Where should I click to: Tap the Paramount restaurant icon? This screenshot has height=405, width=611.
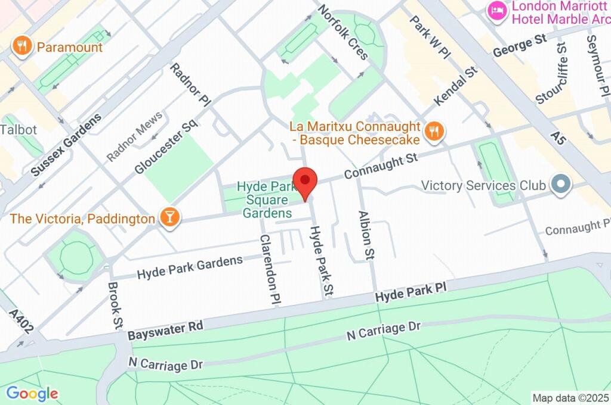tap(23, 46)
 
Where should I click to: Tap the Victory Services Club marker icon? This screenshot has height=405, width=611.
tap(560, 185)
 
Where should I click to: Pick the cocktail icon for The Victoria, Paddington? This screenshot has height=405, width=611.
tap(170, 217)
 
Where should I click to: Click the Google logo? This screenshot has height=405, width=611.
tap(32, 393)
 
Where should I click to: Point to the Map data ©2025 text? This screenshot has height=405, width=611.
tap(570, 397)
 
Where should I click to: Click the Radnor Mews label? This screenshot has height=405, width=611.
tap(134, 136)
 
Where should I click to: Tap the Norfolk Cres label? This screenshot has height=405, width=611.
tap(343, 32)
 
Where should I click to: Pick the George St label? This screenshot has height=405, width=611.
tap(519, 46)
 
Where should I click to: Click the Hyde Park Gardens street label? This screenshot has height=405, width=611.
tap(190, 267)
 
